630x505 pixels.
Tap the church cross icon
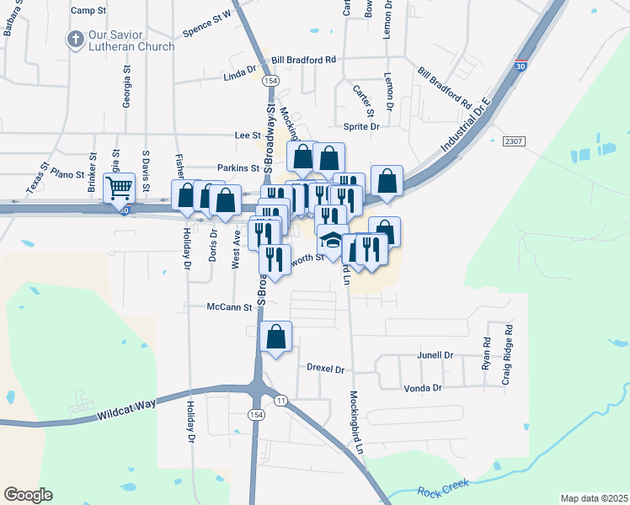[75, 40]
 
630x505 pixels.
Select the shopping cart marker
[120, 187]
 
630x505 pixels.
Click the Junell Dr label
[435, 355]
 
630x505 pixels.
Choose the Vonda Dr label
[424, 388]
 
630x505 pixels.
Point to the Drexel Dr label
[326, 369]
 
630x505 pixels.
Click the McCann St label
[229, 308]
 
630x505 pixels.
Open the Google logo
[28, 495]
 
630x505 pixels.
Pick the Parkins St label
[237, 167]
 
